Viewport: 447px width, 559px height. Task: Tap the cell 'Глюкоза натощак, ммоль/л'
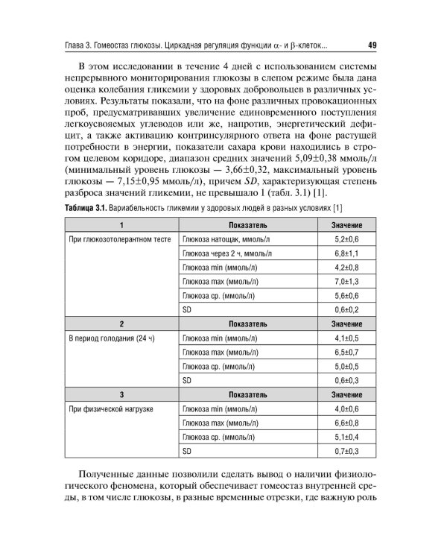tap(222, 239)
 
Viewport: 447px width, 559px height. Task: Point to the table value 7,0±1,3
tap(347, 281)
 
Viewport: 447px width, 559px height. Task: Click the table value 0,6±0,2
tap(347, 309)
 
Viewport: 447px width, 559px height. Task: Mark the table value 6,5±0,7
tap(347, 352)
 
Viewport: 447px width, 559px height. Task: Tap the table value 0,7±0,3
tap(347, 451)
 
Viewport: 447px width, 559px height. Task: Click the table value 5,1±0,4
tap(347, 437)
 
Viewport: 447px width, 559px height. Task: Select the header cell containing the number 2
tap(121, 323)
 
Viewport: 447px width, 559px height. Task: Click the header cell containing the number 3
tap(121, 394)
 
